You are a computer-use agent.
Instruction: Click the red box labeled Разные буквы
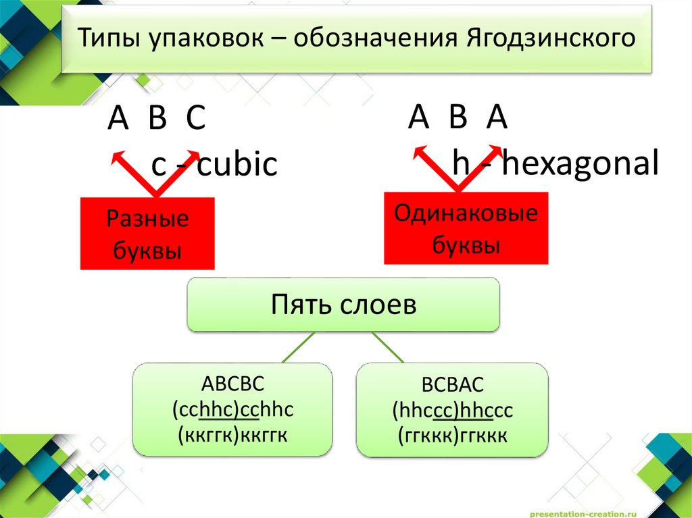147,234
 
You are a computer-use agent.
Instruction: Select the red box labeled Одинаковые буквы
466,228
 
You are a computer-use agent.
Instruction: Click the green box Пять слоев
343,305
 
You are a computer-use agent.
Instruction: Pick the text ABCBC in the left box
232,384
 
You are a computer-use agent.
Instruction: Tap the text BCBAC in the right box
452,386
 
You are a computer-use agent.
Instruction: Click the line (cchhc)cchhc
232,409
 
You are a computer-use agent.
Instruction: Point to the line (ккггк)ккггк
232,434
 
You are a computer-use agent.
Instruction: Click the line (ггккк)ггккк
452,436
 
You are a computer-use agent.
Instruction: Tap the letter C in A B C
195,120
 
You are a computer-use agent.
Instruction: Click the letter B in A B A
458,118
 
